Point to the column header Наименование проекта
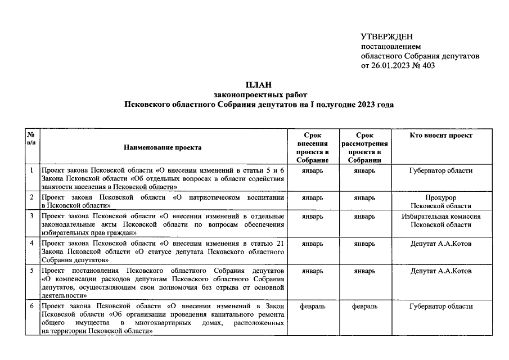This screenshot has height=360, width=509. (x=163, y=147)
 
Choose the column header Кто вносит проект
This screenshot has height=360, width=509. (x=441, y=136)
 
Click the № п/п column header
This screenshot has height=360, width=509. (x=33, y=139)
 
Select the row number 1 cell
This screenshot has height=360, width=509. (x=33, y=170)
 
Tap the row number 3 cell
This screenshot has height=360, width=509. (x=33, y=216)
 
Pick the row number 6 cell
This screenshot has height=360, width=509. (x=33, y=307)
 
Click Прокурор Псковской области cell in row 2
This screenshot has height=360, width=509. (x=441, y=202)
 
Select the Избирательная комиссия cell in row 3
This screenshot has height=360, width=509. (x=441, y=220)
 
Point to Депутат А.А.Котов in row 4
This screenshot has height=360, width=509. (x=441, y=244)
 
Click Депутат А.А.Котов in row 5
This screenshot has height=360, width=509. (x=441, y=271)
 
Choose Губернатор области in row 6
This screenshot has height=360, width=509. (x=441, y=307)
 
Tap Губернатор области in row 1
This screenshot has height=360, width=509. (x=441, y=170)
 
